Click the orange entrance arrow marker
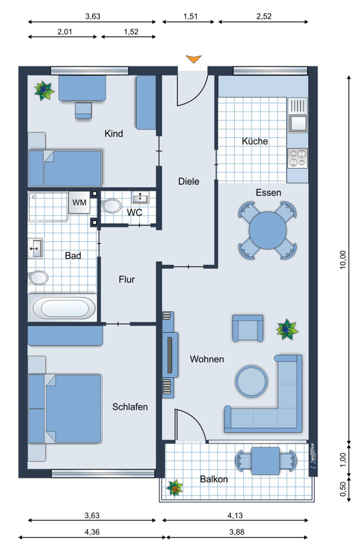(x=194, y=59)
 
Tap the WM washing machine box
(x=79, y=202)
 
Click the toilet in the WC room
(x=112, y=206)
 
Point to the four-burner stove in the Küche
(x=297, y=159)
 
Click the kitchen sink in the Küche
(x=297, y=115)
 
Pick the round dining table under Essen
(x=268, y=230)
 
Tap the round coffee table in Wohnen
(x=252, y=381)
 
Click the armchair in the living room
(x=248, y=328)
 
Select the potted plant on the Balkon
(x=175, y=488)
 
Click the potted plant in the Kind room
(x=44, y=90)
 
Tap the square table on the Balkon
(x=266, y=460)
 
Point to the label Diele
(x=188, y=181)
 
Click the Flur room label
(x=126, y=279)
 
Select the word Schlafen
(x=130, y=407)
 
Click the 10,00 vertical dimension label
(x=343, y=260)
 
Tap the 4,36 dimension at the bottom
(x=92, y=532)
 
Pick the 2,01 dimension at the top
(x=65, y=32)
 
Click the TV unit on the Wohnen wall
(x=170, y=355)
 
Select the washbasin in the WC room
(x=140, y=198)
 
